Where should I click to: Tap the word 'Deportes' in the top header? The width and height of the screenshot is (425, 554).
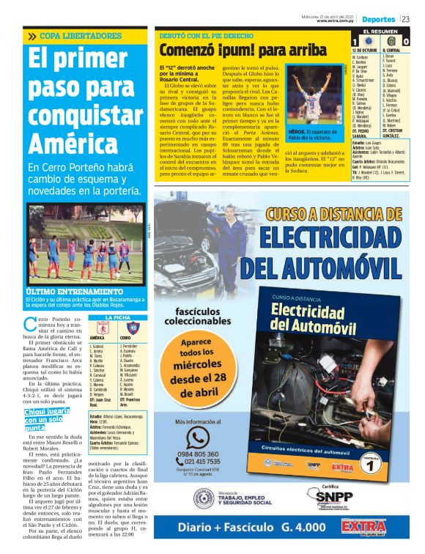[378, 18]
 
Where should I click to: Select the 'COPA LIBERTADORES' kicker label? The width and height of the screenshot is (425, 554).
[70, 36]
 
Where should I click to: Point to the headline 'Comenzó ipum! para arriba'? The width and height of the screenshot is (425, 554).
[233, 50]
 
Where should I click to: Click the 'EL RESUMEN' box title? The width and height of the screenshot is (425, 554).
[380, 32]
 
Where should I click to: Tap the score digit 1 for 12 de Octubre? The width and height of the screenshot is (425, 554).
[355, 43]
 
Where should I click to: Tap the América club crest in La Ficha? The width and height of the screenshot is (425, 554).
[103, 328]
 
